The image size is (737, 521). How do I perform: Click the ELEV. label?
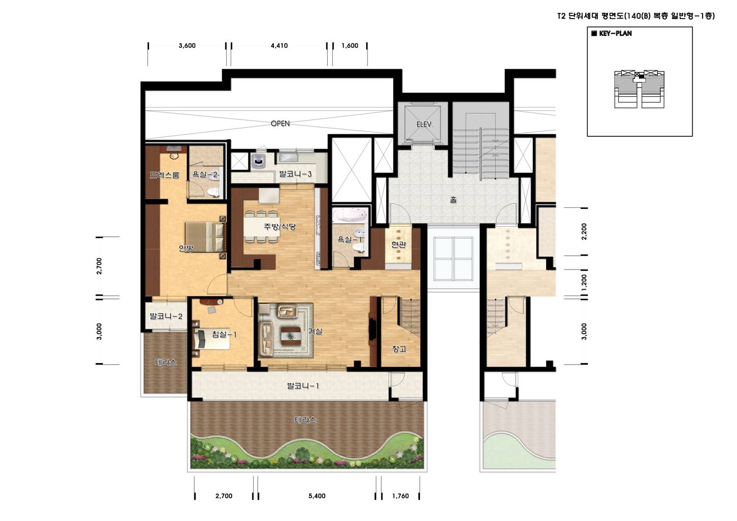(425, 124)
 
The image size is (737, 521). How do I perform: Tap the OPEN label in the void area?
(280, 124)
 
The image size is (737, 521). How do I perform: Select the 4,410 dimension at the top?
(279, 46)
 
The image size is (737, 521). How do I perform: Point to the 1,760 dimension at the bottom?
(400, 496)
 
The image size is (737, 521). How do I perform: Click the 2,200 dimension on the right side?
(584, 231)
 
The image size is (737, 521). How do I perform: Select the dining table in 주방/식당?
(261, 227)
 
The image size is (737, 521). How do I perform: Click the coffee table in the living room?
(291, 336)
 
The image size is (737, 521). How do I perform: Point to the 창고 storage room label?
(399, 349)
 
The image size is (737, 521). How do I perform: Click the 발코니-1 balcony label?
(303, 386)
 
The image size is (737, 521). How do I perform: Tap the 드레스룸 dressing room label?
(164, 175)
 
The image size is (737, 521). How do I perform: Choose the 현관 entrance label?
(398, 244)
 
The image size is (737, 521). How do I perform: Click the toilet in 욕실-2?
(215, 192)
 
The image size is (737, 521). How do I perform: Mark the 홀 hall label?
(453, 199)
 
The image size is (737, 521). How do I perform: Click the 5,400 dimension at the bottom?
(317, 496)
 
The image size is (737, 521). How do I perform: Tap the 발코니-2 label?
(166, 316)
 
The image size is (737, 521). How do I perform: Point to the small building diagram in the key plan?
(639, 89)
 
